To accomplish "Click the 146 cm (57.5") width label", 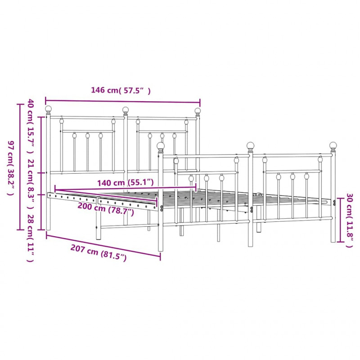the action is (121, 90).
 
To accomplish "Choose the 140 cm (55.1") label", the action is (126, 183).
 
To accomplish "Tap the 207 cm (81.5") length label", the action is (98, 253).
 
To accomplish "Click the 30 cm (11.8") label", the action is (349, 220).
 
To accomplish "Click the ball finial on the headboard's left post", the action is (49, 109).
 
